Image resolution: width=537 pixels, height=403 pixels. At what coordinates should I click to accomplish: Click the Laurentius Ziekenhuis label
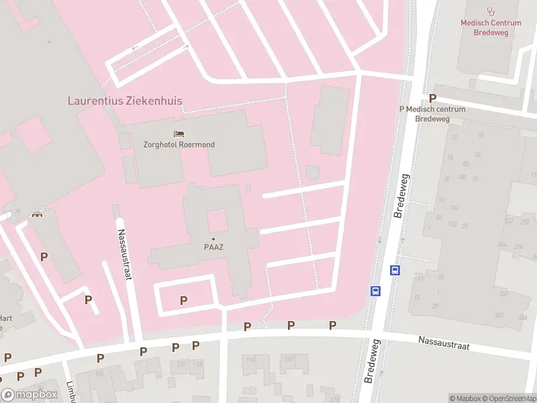point(125,101)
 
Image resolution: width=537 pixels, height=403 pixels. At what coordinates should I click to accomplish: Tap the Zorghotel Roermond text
point(179,144)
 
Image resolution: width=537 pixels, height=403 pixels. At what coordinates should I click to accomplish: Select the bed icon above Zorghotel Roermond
point(179,134)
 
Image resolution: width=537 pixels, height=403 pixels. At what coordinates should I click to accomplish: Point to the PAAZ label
point(213,247)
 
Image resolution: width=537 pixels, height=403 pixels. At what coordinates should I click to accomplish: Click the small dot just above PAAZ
point(213,239)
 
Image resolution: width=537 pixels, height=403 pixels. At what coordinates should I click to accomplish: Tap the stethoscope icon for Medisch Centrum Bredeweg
point(491,11)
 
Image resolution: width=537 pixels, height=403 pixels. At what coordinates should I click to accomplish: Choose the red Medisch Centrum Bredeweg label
point(491,28)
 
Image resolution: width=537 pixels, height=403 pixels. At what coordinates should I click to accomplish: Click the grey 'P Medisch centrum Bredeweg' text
point(432,114)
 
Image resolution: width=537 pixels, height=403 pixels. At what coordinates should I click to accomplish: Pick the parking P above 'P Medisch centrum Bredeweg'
point(432,99)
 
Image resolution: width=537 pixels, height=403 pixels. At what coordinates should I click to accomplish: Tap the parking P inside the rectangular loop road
point(183,300)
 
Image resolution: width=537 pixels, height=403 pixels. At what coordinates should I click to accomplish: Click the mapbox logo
point(28,395)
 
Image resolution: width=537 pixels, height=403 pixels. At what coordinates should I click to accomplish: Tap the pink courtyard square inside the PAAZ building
point(217,220)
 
